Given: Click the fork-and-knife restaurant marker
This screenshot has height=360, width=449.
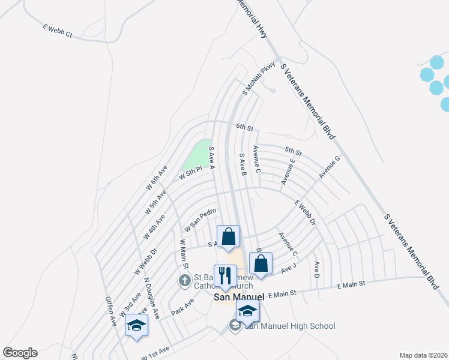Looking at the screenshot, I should point(224,275).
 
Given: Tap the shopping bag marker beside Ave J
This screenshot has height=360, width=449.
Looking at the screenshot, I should point(261,263).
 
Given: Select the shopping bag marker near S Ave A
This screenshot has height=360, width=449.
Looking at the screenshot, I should point(228,236).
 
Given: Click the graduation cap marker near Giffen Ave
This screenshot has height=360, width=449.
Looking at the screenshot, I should point(136,325).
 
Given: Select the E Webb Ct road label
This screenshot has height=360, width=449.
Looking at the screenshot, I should point(58,31).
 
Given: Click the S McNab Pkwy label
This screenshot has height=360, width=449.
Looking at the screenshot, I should point(259,78).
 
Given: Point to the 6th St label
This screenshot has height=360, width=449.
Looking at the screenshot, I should point(245,127).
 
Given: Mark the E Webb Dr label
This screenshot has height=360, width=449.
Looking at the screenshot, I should point(304,213).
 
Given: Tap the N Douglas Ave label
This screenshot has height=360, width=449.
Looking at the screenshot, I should point(151,298).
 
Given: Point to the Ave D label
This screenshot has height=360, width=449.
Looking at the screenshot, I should point(316,269).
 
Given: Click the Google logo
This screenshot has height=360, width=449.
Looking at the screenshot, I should point(20,353).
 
